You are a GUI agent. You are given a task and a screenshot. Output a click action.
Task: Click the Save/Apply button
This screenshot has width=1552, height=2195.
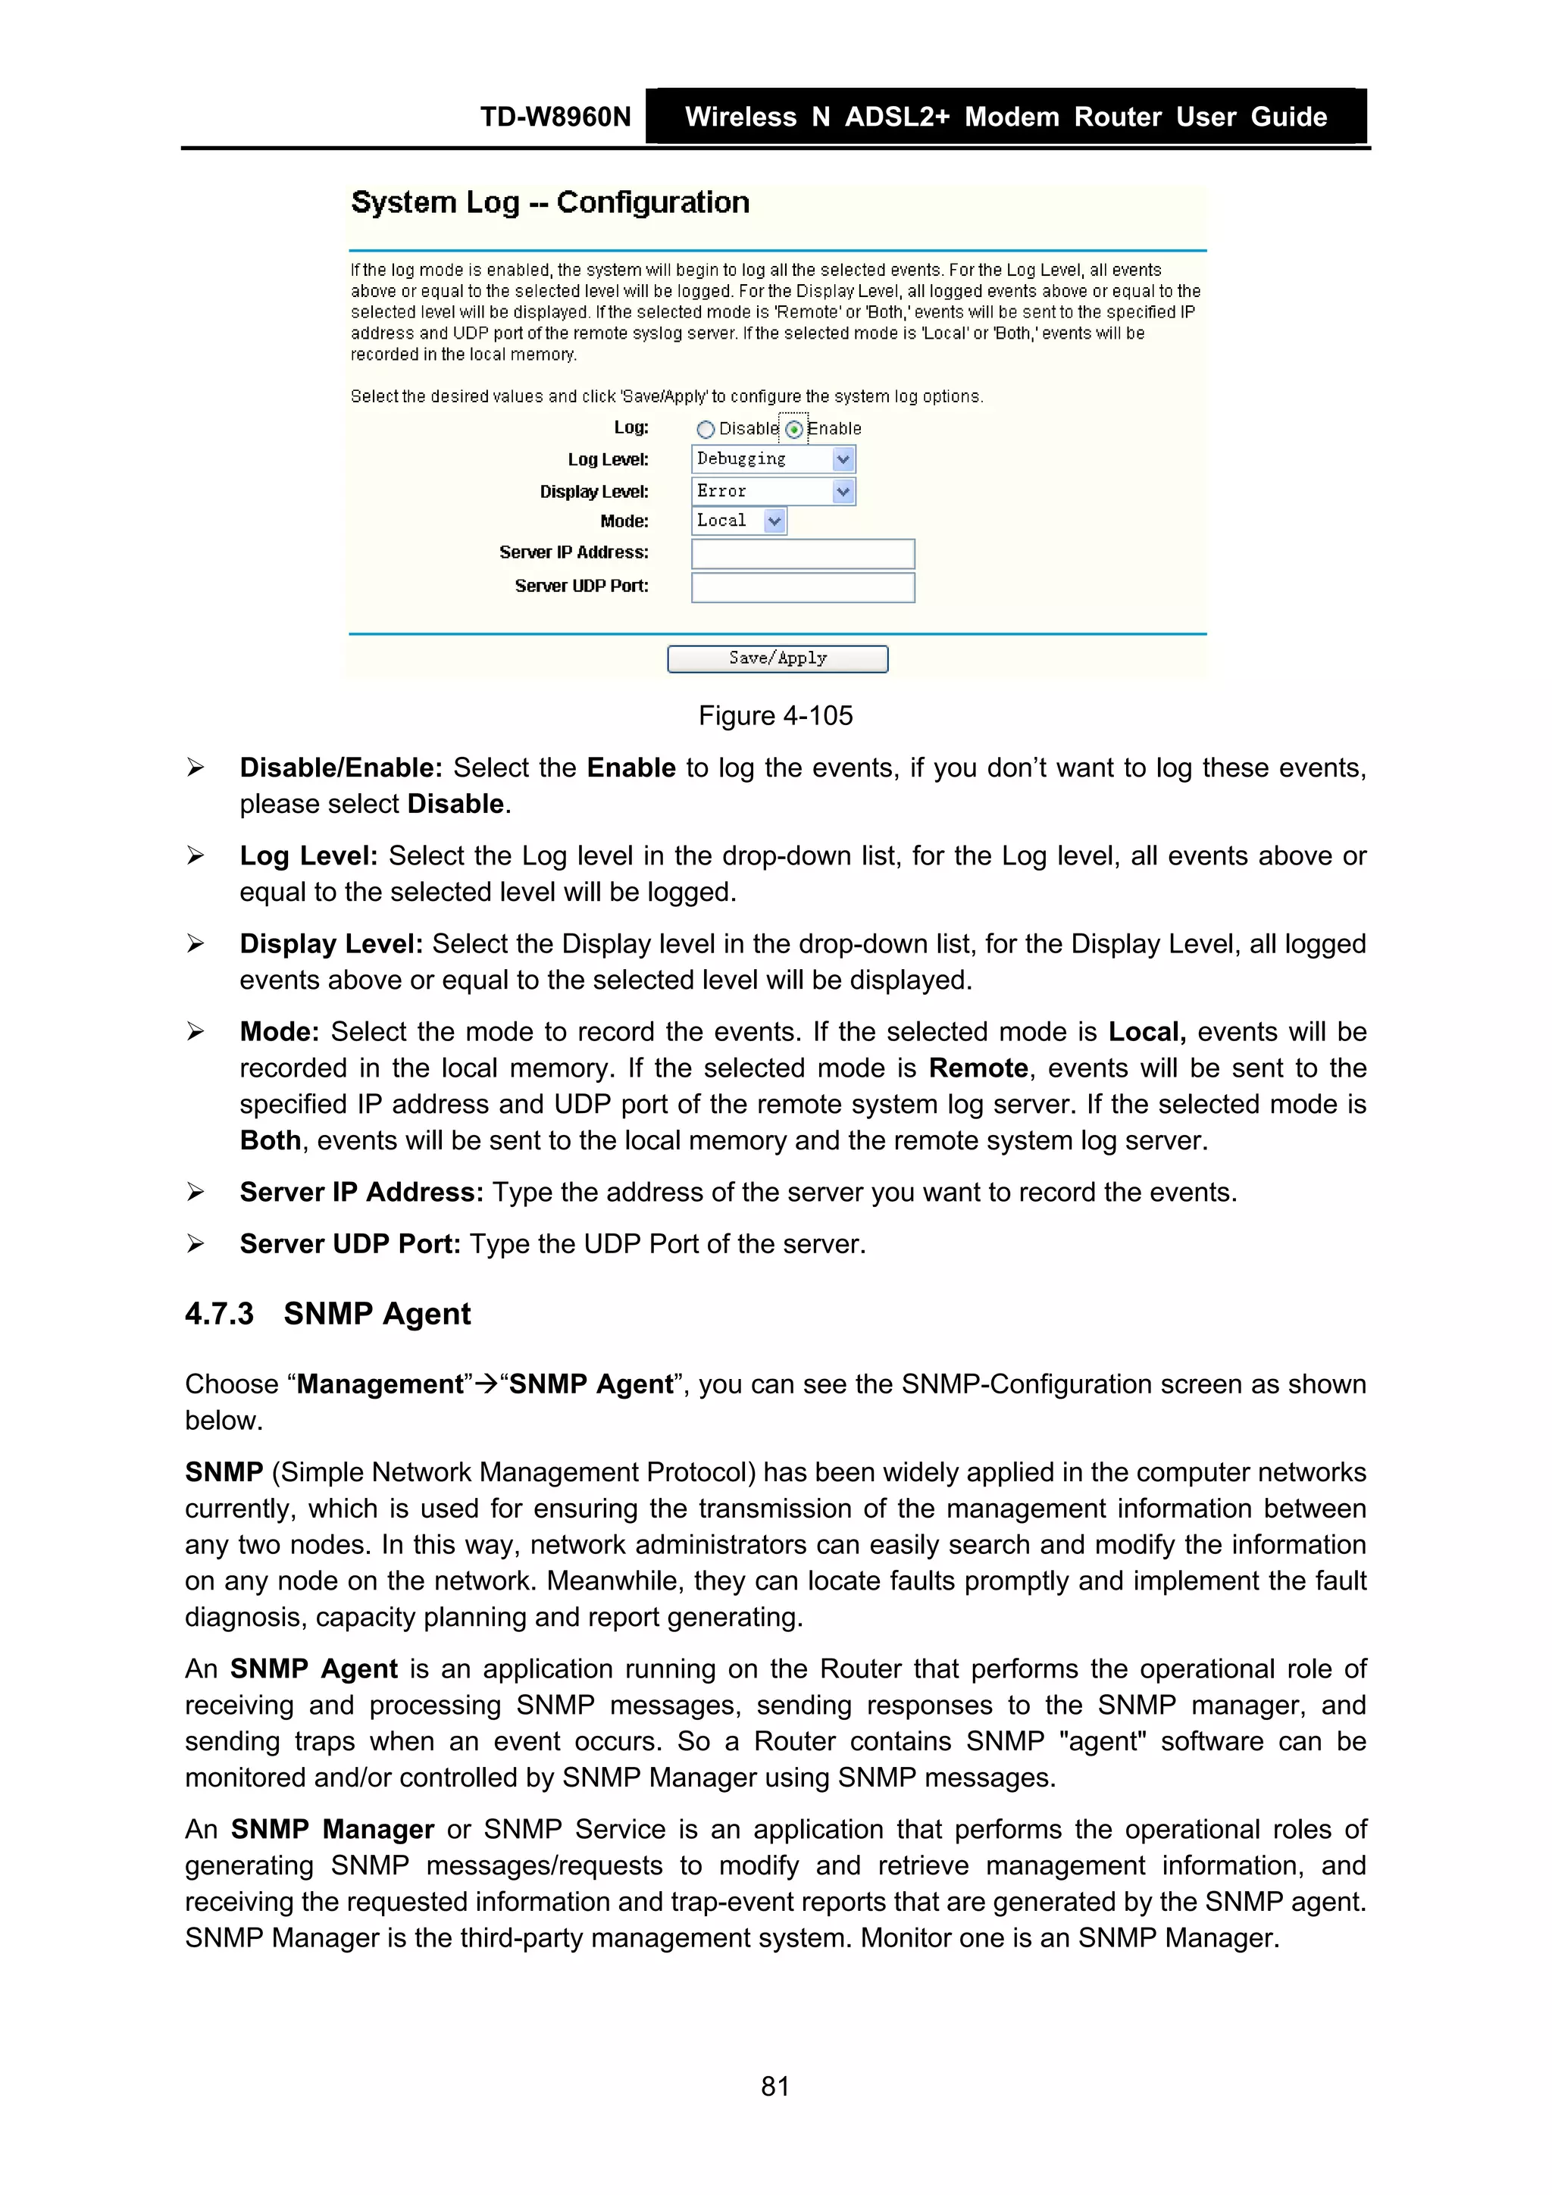point(777,658)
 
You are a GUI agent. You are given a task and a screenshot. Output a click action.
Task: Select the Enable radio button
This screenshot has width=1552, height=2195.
point(793,430)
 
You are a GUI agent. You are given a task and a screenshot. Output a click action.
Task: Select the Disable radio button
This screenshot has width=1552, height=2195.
point(706,430)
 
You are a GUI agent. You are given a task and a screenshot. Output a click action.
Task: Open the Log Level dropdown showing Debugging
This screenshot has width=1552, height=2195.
point(773,460)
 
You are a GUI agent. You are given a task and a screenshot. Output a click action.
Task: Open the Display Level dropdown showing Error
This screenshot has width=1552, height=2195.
point(773,492)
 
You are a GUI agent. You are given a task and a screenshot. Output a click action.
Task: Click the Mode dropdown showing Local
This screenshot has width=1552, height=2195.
point(738,521)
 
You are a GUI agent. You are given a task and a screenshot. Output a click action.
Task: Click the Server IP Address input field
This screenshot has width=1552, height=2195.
point(803,554)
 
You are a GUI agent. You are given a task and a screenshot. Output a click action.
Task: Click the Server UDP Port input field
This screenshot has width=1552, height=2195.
point(803,587)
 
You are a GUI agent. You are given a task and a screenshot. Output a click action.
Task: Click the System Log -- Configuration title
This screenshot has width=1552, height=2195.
point(550,202)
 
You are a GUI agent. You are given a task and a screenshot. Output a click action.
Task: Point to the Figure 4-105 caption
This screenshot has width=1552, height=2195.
point(775,715)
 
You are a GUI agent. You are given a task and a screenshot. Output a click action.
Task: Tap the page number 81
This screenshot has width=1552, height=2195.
point(774,2086)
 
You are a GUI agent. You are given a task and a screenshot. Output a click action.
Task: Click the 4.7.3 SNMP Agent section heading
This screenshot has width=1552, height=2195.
point(328,1314)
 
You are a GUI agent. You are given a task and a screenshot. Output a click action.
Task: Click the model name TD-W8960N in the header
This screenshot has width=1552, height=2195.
point(555,117)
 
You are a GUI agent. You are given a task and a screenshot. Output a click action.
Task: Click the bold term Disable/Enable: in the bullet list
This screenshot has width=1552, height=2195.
point(340,768)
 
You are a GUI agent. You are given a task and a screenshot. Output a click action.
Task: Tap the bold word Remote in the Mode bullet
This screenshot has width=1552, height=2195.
point(978,1068)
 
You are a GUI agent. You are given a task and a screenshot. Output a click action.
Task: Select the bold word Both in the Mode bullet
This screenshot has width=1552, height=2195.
point(270,1140)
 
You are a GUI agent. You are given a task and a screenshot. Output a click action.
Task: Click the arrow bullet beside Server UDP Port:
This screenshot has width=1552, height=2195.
point(195,1244)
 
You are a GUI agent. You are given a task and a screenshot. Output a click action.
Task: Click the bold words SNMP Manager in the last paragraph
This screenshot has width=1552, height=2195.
point(332,1829)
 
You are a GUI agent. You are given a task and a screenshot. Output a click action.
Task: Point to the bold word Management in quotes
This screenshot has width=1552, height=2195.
point(380,1384)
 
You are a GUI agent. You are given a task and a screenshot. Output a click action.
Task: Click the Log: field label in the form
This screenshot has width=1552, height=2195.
point(630,427)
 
